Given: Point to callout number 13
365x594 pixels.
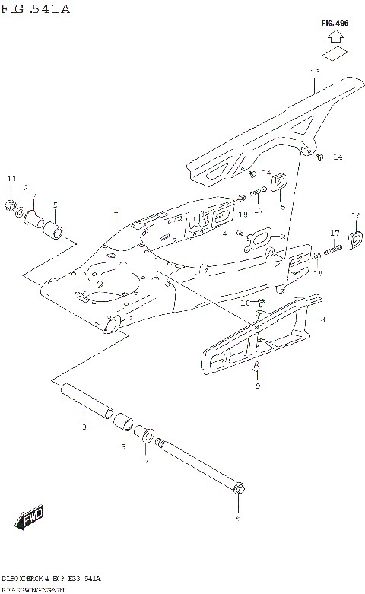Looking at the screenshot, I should pyautogui.click(x=315, y=71).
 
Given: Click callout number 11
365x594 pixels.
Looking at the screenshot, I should pyautogui.click(x=11, y=179).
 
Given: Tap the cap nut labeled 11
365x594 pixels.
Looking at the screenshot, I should pyautogui.click(x=11, y=204).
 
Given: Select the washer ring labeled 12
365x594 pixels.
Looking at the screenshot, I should pyautogui.click(x=22, y=208).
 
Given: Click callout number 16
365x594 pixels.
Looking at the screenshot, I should pyautogui.click(x=355, y=216).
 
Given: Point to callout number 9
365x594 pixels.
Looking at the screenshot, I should pyautogui.click(x=257, y=386).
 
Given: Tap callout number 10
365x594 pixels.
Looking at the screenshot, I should pyautogui.click(x=246, y=303).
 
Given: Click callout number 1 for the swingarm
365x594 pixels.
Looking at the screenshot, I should pyautogui.click(x=116, y=208).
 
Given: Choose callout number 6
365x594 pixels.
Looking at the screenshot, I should pyautogui.click(x=238, y=518).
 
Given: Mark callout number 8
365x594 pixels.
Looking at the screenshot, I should pyautogui.click(x=322, y=320).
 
